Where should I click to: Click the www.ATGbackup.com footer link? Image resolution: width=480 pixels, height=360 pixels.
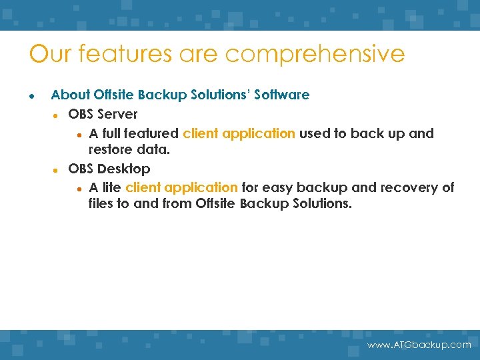[419, 345]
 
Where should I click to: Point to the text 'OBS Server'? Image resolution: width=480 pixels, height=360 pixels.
[103, 114]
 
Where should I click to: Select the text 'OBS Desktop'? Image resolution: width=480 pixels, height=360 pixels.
[109, 169]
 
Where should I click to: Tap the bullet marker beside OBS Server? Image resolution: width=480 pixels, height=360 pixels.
[57, 115]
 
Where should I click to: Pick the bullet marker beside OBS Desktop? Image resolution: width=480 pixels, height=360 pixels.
[57, 169]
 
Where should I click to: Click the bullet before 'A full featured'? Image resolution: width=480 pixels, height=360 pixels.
[79, 134]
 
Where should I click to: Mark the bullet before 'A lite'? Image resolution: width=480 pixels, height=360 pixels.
[79, 188]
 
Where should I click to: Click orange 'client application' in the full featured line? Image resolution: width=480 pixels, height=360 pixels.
[239, 133]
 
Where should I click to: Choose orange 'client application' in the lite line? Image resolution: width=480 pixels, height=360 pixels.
[181, 187]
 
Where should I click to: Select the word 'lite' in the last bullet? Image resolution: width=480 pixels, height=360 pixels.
[111, 187]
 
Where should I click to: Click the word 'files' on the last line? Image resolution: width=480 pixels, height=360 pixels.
[101, 203]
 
